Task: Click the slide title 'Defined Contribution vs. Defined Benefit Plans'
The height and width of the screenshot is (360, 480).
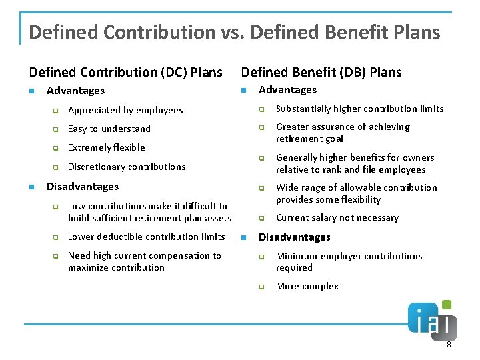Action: coord(235,31)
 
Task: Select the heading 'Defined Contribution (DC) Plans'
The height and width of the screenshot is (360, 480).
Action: coord(125,72)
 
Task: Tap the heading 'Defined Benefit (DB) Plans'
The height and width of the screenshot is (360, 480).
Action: coord(321,72)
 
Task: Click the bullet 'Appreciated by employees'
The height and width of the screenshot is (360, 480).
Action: coord(125,110)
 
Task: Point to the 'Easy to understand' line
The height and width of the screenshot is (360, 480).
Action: coord(109,129)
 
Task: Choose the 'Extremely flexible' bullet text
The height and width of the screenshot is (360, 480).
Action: coord(107,147)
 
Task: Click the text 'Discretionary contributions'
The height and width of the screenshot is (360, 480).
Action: coord(127,167)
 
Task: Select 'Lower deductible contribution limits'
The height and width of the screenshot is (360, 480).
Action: coord(147,237)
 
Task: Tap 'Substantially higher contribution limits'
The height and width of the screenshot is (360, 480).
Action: coord(360,109)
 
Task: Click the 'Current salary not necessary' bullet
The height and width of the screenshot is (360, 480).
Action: coord(337,217)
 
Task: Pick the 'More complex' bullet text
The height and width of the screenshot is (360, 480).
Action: coord(307,286)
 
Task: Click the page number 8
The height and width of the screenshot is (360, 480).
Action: coord(449,345)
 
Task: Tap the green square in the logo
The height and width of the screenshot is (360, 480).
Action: coord(446,305)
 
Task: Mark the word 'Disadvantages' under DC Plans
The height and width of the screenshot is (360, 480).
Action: coord(83,187)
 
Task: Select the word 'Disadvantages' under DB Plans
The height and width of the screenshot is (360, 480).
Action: coord(295,237)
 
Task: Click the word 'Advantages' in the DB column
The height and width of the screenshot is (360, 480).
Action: coord(287,90)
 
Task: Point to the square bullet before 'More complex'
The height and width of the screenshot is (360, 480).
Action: coord(262,287)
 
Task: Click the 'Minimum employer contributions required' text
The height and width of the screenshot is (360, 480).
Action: coord(349,261)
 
